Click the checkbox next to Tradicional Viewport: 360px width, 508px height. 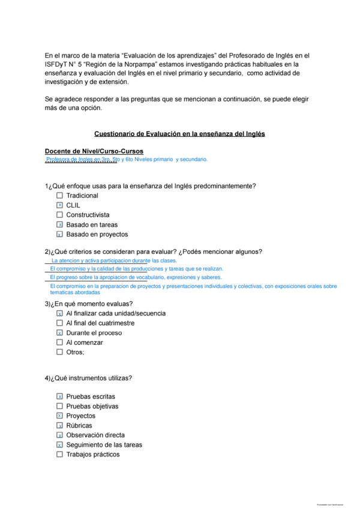click(x=59, y=196)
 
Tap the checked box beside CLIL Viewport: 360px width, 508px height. click(x=59, y=205)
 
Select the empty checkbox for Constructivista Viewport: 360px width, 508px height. click(x=59, y=215)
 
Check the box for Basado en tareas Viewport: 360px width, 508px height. click(x=59, y=225)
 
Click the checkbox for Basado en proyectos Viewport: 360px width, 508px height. click(x=59, y=235)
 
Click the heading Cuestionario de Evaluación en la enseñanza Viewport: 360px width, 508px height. click(x=179, y=134)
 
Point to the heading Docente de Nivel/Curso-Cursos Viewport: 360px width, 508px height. click(x=94, y=151)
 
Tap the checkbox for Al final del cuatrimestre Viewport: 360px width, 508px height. click(x=59, y=323)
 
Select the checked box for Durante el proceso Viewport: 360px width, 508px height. click(x=59, y=333)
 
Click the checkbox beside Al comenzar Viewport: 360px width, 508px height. click(x=59, y=342)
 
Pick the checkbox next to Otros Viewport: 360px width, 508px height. click(x=59, y=352)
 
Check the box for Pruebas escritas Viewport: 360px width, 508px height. click(x=59, y=396)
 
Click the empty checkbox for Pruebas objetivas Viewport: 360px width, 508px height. click(x=59, y=406)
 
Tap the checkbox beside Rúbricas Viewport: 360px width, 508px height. click(x=59, y=425)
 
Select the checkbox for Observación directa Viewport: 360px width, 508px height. click(x=59, y=435)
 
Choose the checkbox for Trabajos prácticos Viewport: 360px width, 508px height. click(x=59, y=455)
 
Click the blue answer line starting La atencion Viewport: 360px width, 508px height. click(x=114, y=261)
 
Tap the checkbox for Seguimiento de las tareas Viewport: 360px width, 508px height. click(x=59, y=445)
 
